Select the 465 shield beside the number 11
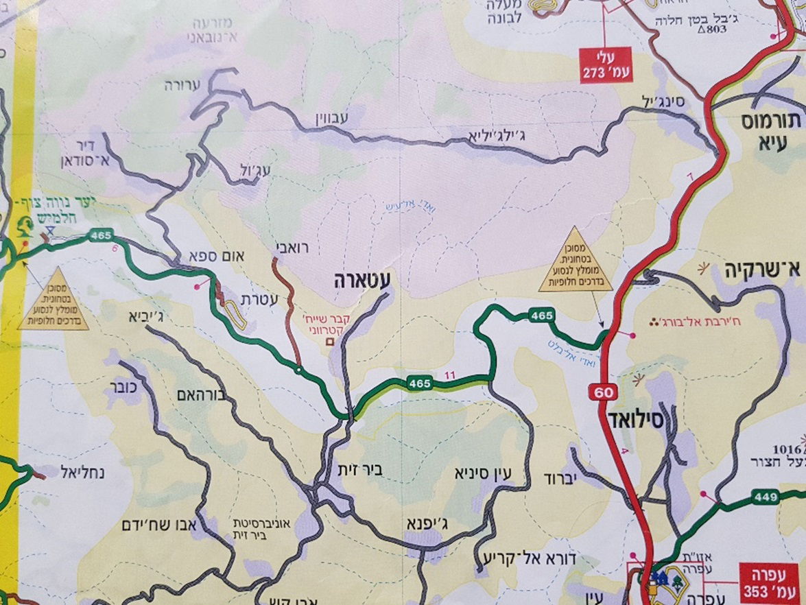(x=418, y=383)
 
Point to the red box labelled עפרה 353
(x=770, y=582)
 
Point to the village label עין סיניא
(x=484, y=473)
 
